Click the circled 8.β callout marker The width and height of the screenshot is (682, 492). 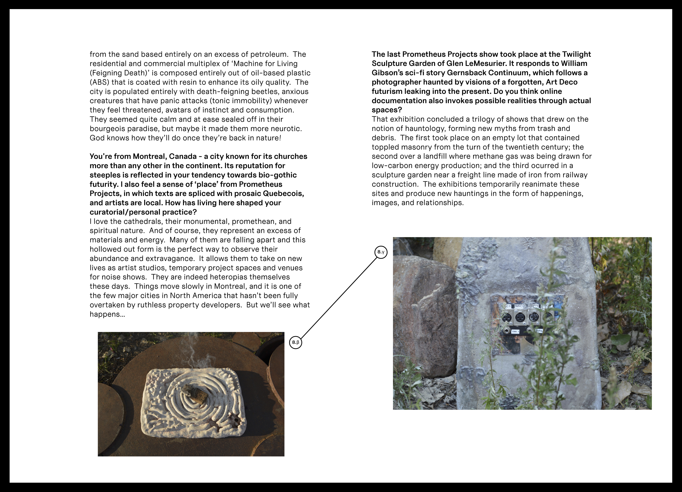click(296, 342)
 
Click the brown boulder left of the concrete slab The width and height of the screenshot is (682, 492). click(424, 316)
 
